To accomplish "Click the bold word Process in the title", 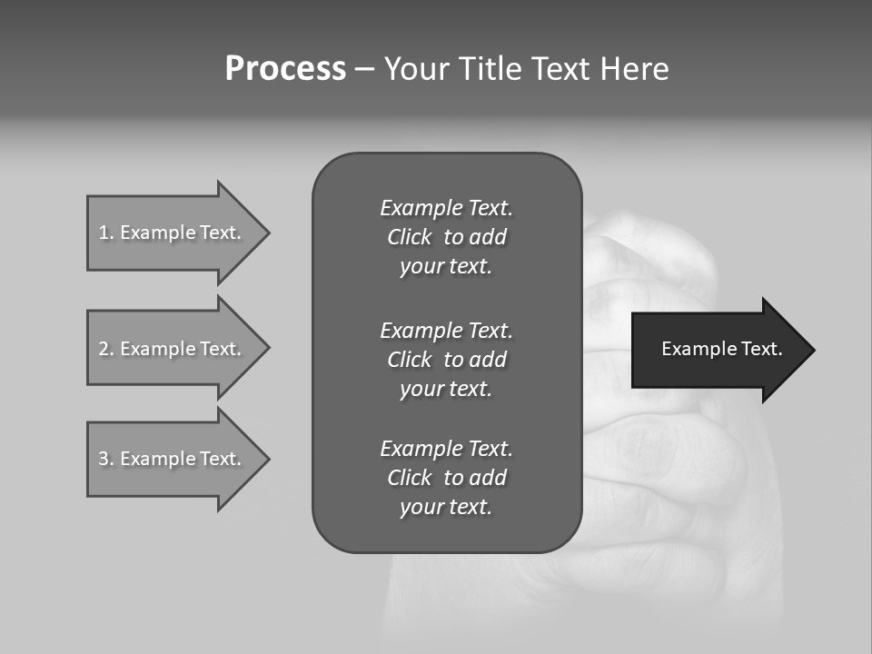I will (285, 69).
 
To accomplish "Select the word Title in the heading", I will (489, 69).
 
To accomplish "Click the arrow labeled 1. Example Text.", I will (173, 233).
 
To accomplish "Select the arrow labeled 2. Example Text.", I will (173, 349).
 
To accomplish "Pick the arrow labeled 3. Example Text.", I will (173, 459).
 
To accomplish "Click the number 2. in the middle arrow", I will (106, 349).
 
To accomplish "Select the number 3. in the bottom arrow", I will (106, 459).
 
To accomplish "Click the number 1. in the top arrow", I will (106, 233).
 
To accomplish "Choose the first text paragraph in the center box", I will (446, 237).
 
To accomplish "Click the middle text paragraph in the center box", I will (446, 360).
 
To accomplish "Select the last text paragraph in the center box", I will (446, 478).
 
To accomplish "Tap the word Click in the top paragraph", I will (409, 237).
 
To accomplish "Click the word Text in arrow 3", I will (220, 459).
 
